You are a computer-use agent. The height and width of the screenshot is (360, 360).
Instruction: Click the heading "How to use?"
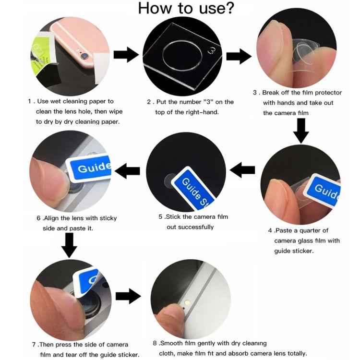(186, 8)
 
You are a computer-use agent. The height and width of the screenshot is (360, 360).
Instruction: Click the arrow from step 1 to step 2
(126, 55)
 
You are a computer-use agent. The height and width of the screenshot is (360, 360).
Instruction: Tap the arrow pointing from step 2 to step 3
(239, 56)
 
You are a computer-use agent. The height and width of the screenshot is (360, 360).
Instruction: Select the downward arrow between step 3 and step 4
(301, 130)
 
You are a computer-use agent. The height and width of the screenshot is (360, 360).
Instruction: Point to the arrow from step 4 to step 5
(242, 169)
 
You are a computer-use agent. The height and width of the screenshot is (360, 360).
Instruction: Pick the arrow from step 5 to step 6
(127, 170)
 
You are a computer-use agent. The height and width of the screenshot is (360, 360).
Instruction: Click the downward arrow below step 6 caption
(69, 245)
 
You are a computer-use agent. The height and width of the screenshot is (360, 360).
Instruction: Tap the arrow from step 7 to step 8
(128, 296)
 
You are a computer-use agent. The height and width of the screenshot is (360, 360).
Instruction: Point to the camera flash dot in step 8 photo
(187, 303)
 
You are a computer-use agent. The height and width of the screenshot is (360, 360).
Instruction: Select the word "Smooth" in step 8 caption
(172, 343)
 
